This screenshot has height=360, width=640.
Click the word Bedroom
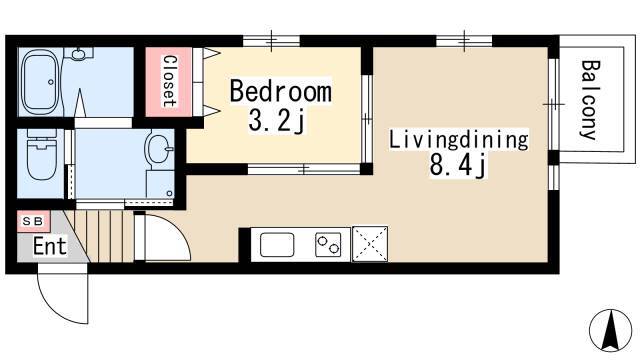point(281,91)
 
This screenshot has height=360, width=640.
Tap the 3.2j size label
point(277,120)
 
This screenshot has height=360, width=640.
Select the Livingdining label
point(459,140)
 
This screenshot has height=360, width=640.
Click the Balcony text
point(589,100)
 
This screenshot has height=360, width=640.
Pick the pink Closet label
point(169,81)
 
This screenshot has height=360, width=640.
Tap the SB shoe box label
point(33,221)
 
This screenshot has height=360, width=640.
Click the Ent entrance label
point(50,246)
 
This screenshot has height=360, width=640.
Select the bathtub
point(40,82)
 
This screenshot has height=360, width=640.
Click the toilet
point(41,160)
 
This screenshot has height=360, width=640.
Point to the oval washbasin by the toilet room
point(160,149)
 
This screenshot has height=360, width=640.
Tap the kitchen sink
point(277,244)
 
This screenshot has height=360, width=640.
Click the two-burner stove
point(328,244)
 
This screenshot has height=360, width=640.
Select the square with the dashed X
point(370,244)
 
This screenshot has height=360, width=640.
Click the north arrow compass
point(611,330)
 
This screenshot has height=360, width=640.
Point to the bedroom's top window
point(271,41)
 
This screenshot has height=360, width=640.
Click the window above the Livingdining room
point(464,41)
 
